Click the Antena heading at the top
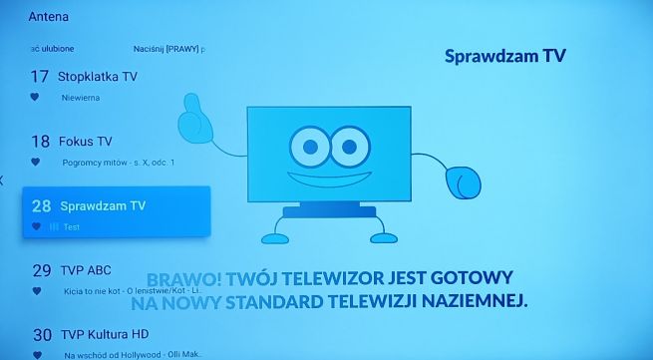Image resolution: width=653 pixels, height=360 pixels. [49, 17]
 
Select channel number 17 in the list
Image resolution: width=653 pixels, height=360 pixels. [41, 76]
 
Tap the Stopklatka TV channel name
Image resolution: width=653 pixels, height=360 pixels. [98, 76]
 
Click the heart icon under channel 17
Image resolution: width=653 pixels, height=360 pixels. [35, 97]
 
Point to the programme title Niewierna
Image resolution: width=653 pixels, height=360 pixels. [81, 98]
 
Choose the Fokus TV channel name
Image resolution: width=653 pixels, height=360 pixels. [85, 142]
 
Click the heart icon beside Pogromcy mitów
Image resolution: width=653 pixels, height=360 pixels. [35, 162]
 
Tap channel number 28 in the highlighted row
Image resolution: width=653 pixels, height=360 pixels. [41, 205]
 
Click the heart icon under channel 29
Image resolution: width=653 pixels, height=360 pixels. [35, 291]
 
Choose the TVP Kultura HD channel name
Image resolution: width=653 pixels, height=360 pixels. [104, 335]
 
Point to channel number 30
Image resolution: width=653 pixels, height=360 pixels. [41, 335]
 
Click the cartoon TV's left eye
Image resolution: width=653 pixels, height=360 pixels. [309, 148]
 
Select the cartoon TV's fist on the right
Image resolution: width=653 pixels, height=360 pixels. [463, 183]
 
